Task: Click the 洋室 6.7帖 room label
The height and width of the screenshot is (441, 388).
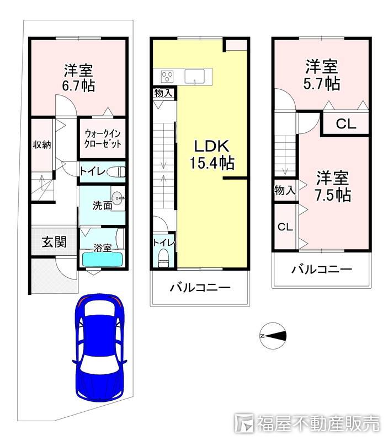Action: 78,78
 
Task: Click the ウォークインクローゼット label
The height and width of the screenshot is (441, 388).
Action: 103,137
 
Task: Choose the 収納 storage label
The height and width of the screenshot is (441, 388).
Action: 41,145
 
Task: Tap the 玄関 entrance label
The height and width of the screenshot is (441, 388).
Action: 55,241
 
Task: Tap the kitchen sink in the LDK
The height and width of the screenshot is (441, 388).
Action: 196,76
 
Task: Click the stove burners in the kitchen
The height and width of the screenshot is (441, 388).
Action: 167,76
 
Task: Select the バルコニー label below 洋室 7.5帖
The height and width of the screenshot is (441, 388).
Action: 321,270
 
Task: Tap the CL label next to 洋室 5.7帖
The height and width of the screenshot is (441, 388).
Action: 346,124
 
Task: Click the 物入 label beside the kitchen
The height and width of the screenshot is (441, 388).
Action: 164,93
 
